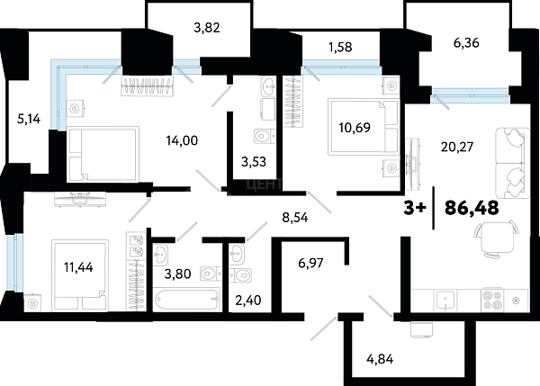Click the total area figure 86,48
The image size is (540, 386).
[472, 208]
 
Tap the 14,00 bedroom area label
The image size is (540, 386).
[182, 140]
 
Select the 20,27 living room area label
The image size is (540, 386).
[457, 147]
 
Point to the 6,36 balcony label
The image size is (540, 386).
[466, 43]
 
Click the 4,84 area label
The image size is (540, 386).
[380, 360]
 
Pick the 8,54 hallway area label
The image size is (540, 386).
[295, 218]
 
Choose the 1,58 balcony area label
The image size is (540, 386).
[340, 47]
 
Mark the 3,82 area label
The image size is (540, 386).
[207, 28]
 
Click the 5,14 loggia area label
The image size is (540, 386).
[29, 119]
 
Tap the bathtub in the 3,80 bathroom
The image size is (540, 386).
[187, 300]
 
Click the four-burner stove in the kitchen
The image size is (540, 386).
[492, 300]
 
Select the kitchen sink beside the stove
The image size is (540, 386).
[445, 301]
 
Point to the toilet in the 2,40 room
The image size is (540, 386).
[240, 275]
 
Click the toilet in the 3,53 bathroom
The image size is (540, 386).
[265, 137]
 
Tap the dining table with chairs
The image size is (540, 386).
[496, 238]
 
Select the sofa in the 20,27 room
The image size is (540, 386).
[512, 163]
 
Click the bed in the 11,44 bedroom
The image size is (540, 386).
[80, 274]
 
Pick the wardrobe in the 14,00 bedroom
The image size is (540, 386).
[148, 85]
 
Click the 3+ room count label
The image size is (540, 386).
[415, 208]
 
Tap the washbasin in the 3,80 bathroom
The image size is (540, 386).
[160, 255]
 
